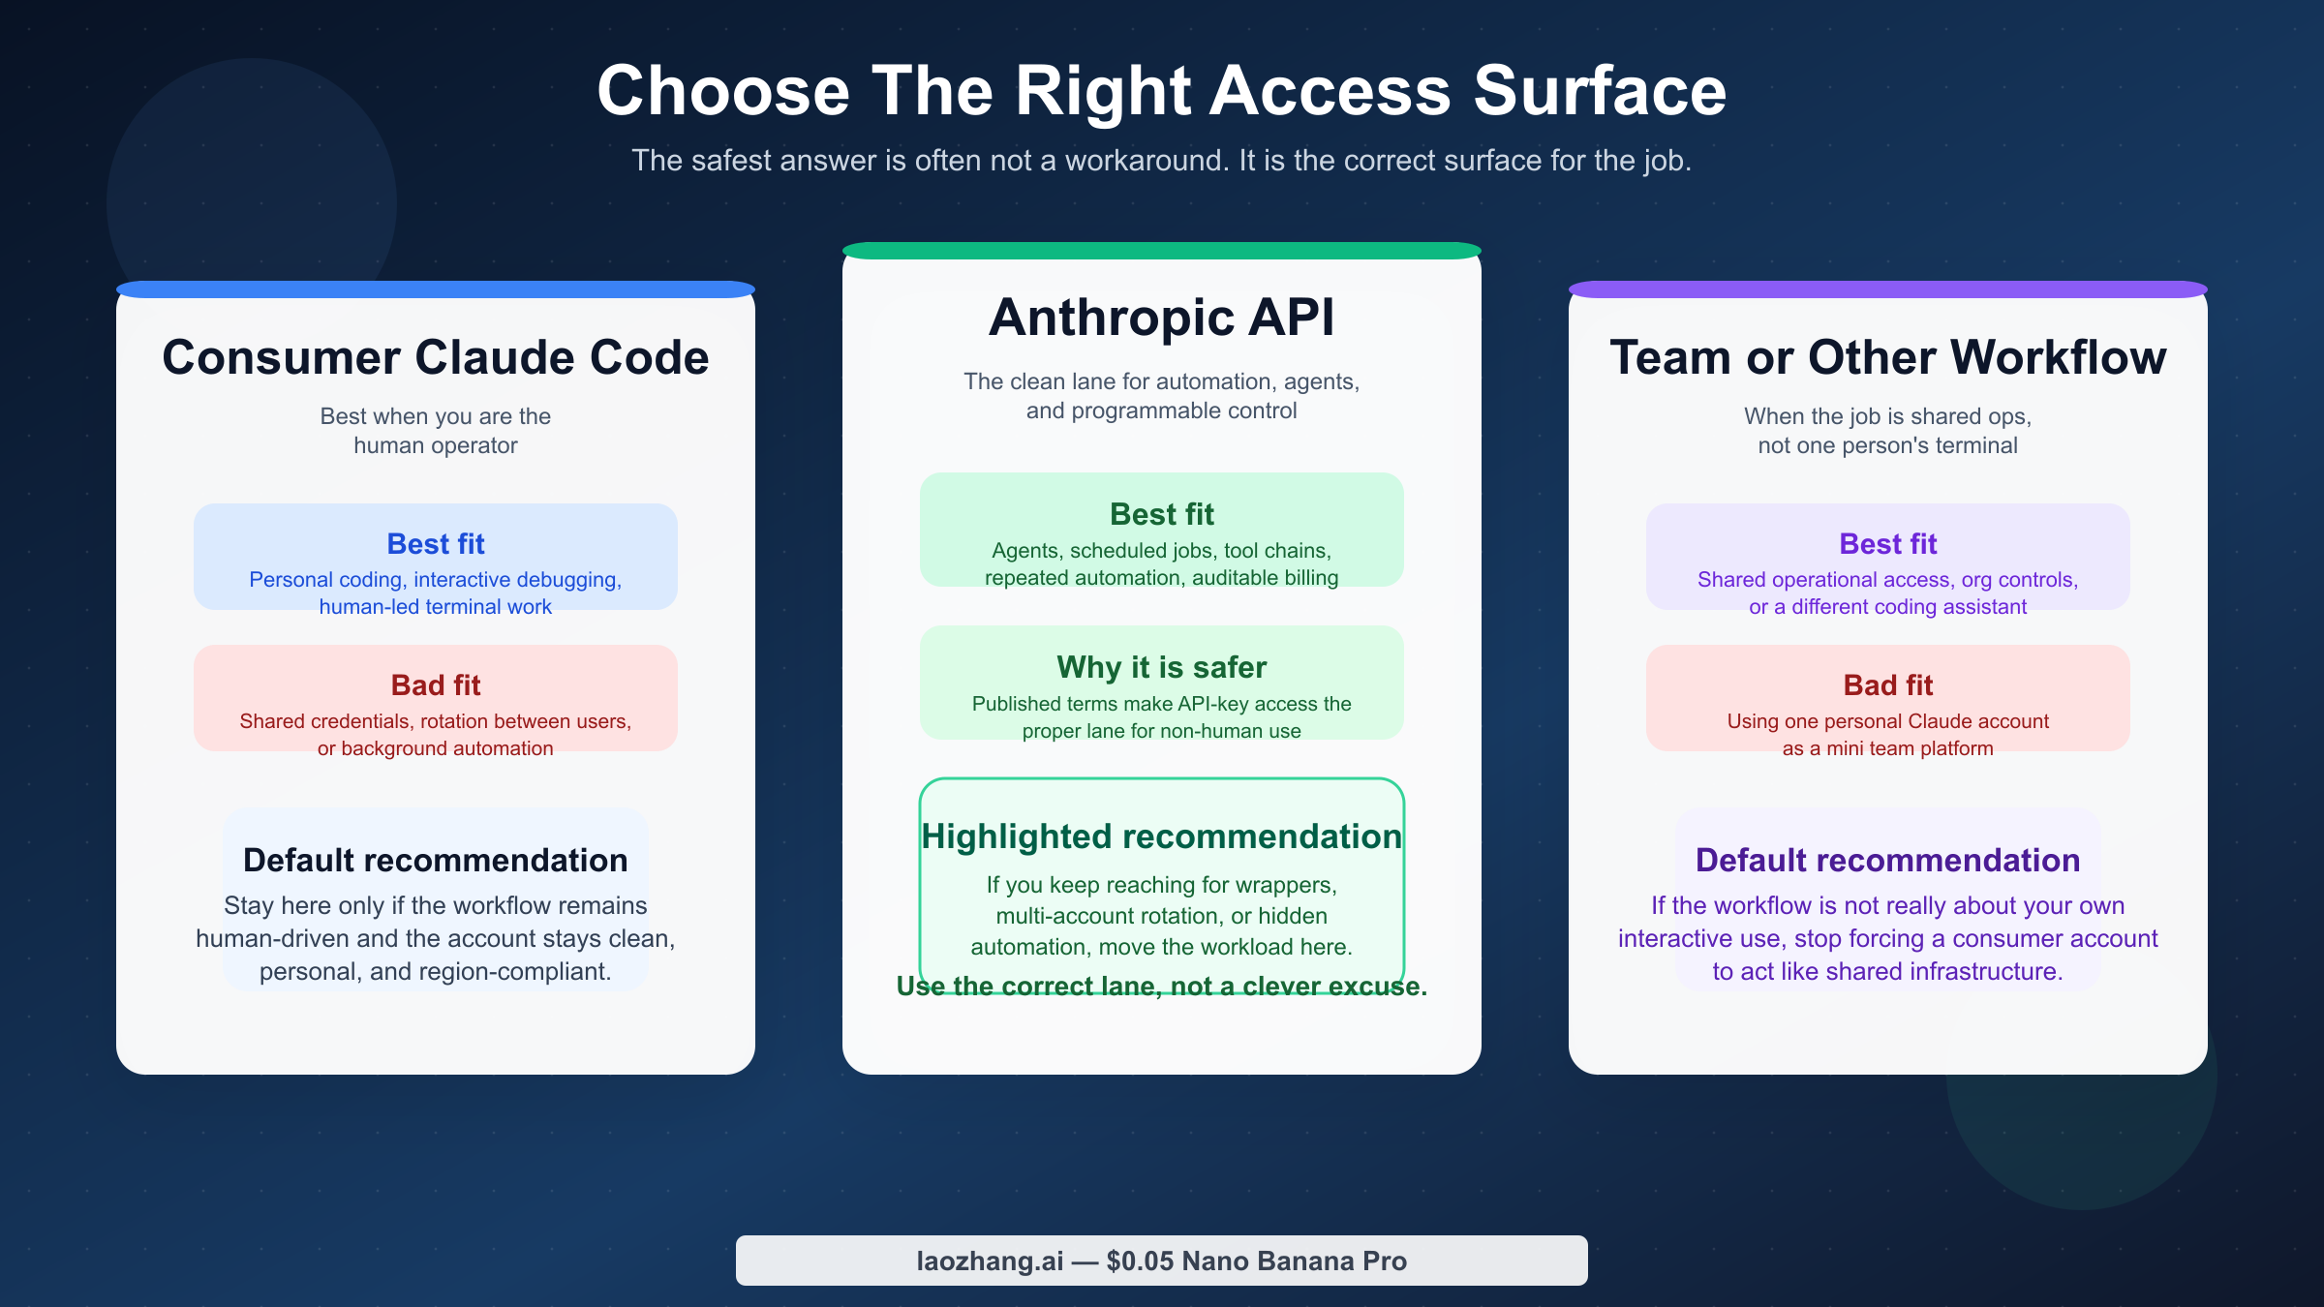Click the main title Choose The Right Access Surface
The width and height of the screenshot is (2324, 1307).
click(1161, 91)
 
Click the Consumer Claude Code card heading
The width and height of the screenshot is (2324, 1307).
click(436, 357)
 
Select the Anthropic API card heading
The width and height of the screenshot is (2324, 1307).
click(1161, 318)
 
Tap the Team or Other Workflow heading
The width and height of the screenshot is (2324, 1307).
click(1887, 357)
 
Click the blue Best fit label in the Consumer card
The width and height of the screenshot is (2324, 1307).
click(436, 544)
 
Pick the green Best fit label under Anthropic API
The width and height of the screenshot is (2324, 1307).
click(1161, 514)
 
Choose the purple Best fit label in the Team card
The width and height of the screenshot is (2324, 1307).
click(1887, 544)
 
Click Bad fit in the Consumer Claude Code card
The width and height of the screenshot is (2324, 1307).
click(436, 685)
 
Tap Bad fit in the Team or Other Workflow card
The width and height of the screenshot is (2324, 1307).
click(1887, 685)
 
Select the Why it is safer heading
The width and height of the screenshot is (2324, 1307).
click(1161, 667)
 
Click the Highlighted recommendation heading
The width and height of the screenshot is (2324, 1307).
click(1161, 836)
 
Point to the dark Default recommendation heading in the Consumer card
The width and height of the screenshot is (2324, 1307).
click(436, 860)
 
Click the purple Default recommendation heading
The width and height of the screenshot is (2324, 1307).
click(1887, 860)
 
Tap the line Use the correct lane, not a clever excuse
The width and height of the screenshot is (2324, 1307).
click(1161, 987)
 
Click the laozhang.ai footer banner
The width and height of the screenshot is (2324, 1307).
click(1161, 1261)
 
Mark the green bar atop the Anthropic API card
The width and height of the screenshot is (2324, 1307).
click(1161, 251)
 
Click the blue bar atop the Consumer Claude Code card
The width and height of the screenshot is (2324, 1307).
click(436, 289)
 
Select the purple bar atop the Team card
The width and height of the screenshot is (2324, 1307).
click(1887, 289)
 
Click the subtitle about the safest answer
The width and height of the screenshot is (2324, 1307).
click(1161, 161)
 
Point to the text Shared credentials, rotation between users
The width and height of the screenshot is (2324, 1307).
click(436, 721)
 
